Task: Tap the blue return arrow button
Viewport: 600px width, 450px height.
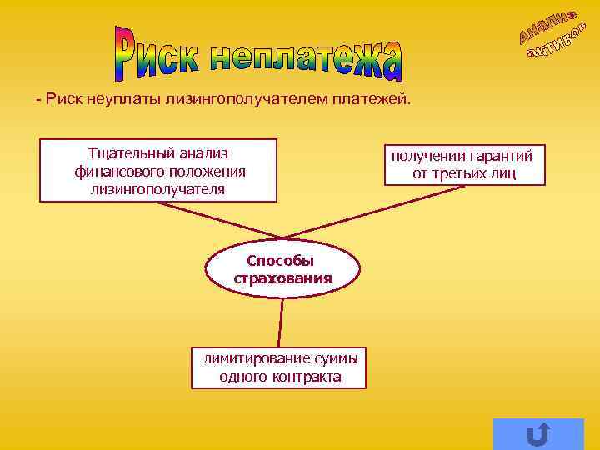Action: pyautogui.click(x=538, y=434)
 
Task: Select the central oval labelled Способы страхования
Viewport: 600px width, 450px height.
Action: pyautogui.click(x=282, y=269)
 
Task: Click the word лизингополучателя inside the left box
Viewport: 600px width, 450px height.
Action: pyautogui.click(x=157, y=188)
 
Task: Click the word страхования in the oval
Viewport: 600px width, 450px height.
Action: pyautogui.click(x=282, y=277)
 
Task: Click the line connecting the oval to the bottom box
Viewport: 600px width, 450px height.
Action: pyautogui.click(x=281, y=322)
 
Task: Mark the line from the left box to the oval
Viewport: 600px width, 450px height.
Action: pyautogui.click(x=217, y=219)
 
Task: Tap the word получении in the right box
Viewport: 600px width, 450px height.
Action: pyautogui.click(x=426, y=156)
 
